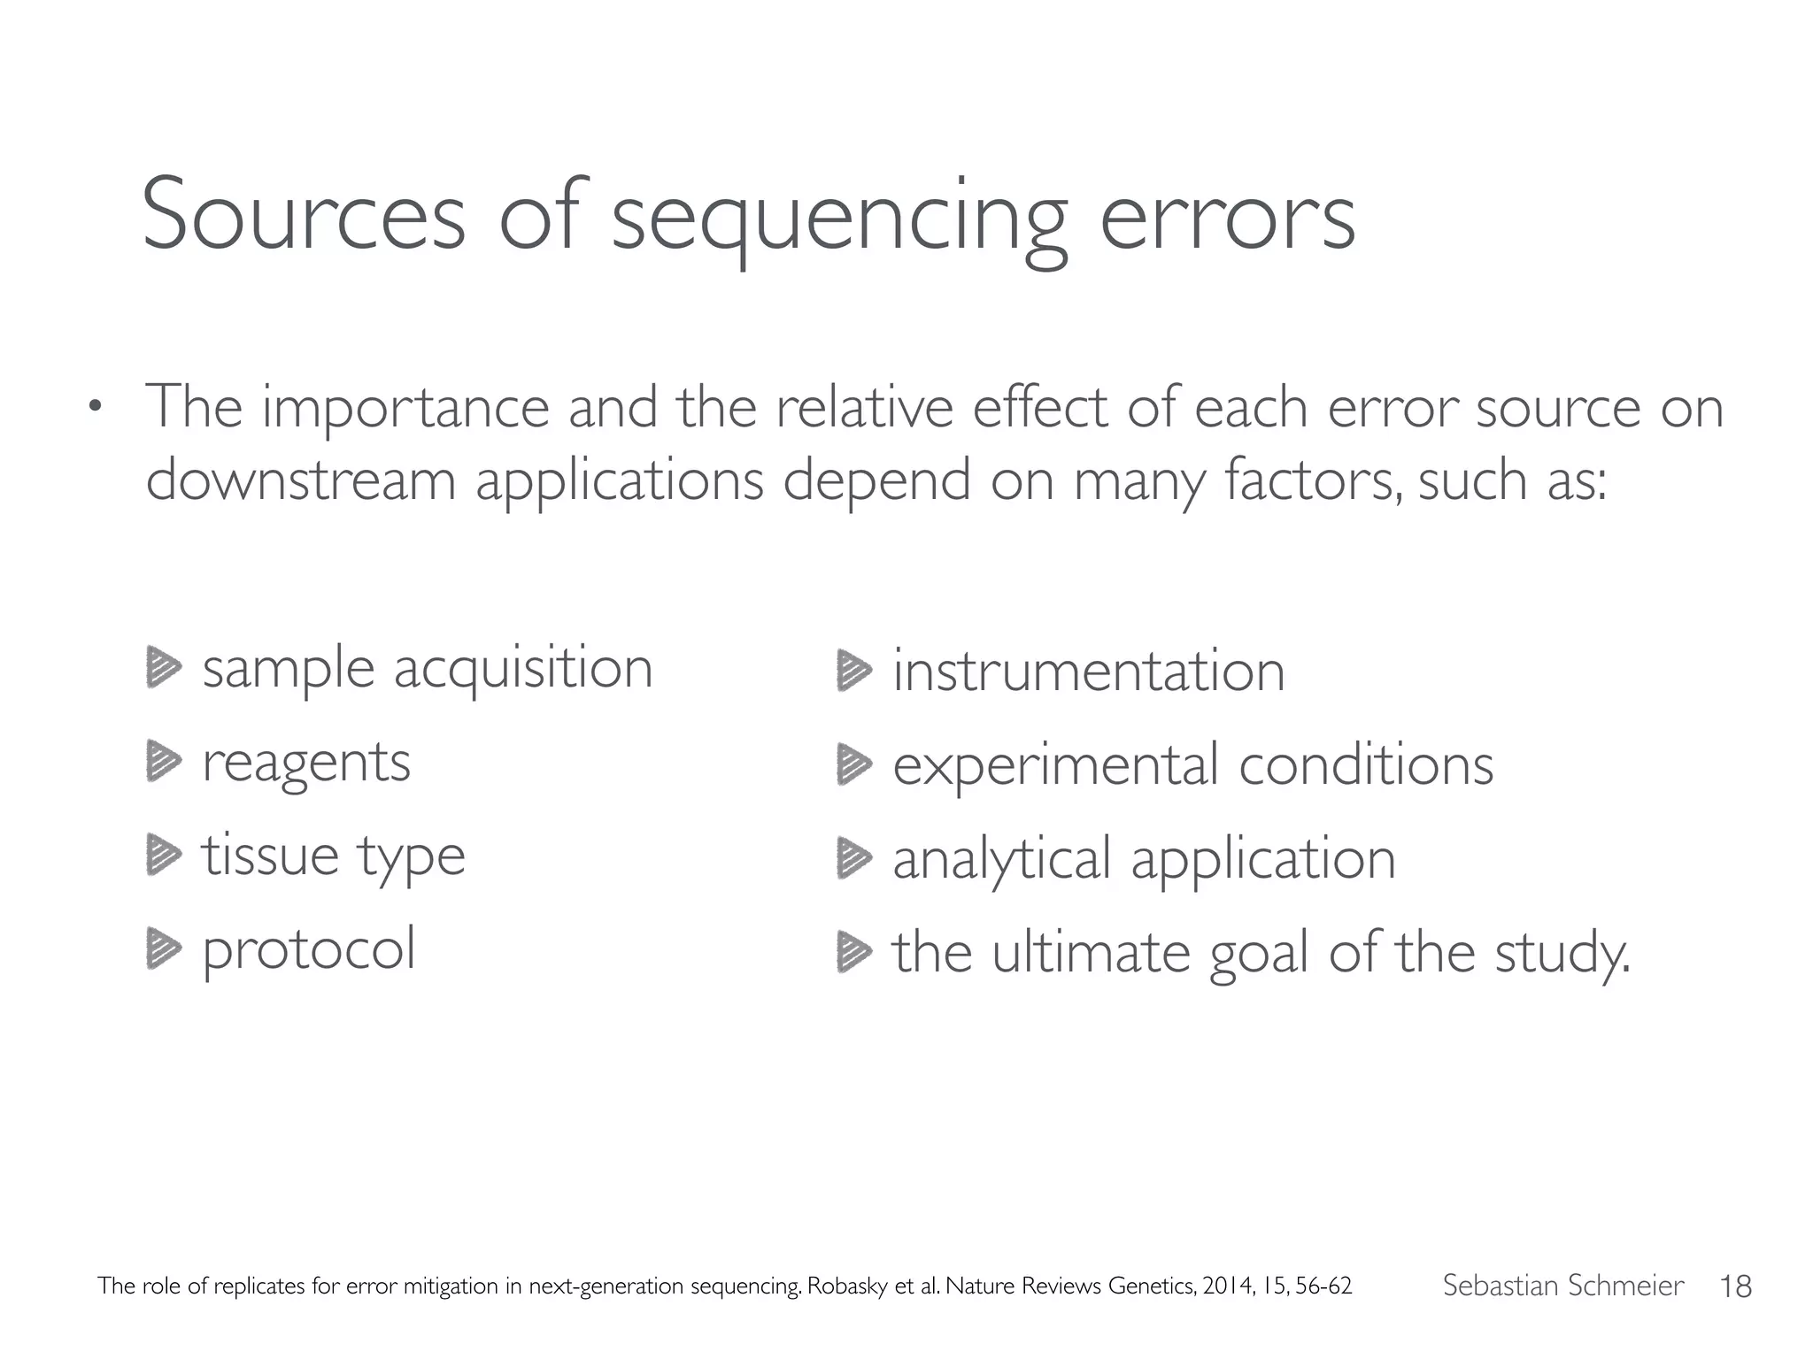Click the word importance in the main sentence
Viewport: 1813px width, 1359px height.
coord(405,411)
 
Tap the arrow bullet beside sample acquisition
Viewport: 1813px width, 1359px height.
coord(163,669)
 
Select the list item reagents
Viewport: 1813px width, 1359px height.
coord(306,764)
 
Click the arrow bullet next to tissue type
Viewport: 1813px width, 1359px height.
coord(163,856)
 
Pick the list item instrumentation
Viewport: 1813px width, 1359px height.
coord(1088,671)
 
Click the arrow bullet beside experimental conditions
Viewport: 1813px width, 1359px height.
coord(853,764)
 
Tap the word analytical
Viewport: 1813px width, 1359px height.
coord(1001,860)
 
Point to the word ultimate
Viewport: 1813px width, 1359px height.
coord(1090,953)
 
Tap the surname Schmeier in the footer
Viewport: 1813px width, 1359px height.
coord(1630,1286)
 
